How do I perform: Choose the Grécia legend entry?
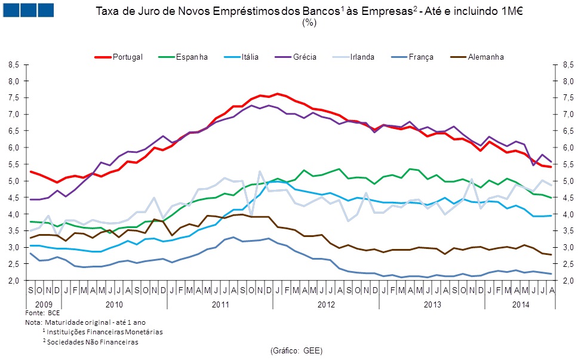[x=305, y=57]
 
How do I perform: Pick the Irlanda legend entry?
[x=362, y=57]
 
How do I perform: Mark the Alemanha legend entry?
[x=485, y=57]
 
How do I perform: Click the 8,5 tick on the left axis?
[x=14, y=64]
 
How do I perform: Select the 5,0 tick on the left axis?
[x=14, y=181]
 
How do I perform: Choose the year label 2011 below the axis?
[x=220, y=304]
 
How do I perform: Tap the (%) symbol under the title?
[x=309, y=23]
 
